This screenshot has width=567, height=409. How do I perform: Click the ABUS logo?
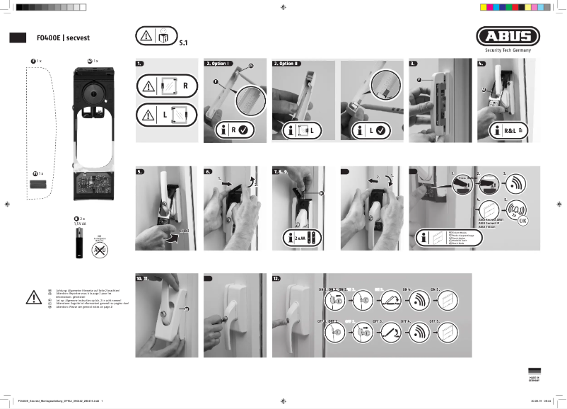[508, 36]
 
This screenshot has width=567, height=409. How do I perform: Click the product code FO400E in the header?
[49, 38]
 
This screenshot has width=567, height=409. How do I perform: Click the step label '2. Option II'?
[287, 64]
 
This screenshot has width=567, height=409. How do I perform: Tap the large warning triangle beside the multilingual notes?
[33, 298]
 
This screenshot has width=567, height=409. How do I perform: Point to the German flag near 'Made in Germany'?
[534, 372]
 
